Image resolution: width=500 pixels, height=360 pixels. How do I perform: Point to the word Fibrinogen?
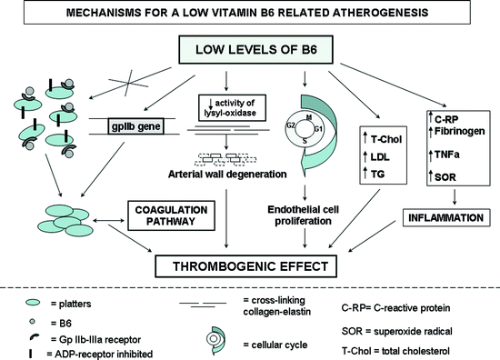(442, 131)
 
